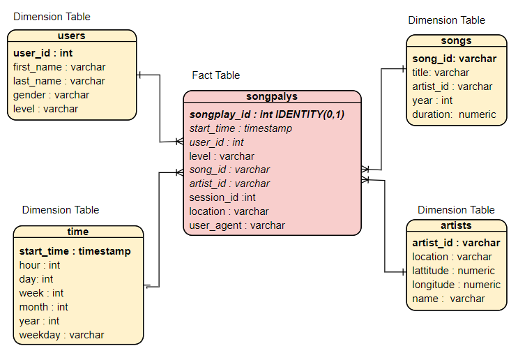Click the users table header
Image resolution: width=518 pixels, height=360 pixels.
click(x=71, y=36)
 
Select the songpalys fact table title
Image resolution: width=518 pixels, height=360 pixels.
click(x=272, y=97)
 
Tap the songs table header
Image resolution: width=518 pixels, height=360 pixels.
click(x=456, y=41)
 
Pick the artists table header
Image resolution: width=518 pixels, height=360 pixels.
click(x=456, y=225)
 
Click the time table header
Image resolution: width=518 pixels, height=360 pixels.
click(x=78, y=232)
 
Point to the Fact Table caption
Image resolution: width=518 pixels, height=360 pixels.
click(x=215, y=75)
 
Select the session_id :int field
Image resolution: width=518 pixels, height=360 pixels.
click(x=222, y=197)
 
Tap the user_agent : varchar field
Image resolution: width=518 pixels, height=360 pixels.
click(x=237, y=225)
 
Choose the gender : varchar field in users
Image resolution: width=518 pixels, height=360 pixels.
click(x=51, y=95)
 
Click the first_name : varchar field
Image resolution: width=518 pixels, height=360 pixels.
click(x=59, y=67)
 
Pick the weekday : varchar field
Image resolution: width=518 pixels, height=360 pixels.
click(x=61, y=335)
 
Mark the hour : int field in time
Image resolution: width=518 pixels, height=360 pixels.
click(x=40, y=265)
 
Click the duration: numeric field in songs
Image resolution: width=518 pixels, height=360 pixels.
click(x=454, y=114)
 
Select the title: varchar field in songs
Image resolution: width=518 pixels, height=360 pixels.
click(x=441, y=73)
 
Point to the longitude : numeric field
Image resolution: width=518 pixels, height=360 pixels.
click(x=456, y=285)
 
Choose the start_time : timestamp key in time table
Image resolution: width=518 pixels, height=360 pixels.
click(x=75, y=251)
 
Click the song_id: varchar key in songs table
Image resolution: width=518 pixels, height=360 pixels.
click(x=454, y=59)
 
